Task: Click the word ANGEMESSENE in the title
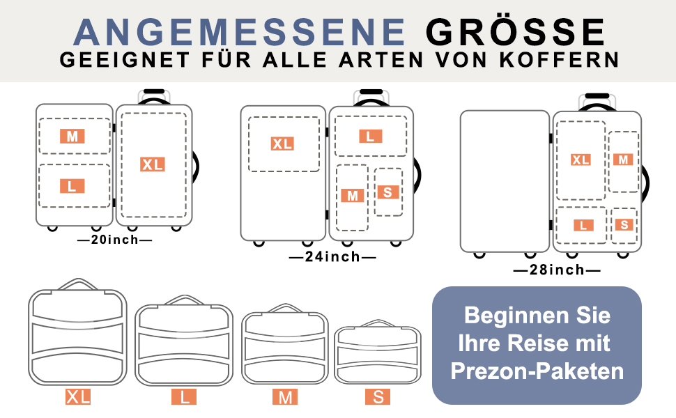point(239,32)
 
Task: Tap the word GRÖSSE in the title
point(516,31)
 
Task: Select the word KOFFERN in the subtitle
point(560,60)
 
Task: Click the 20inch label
point(115,240)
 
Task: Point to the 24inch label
point(332,257)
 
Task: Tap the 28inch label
point(557,270)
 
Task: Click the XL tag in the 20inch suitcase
point(152,164)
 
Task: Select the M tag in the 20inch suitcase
point(72,136)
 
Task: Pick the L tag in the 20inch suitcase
point(72,186)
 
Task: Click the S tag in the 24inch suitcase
point(387,192)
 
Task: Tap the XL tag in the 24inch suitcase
point(282,144)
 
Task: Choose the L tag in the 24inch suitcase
point(370,137)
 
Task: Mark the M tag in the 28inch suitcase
point(623,160)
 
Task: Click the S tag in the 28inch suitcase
point(624,224)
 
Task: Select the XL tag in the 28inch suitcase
point(581,160)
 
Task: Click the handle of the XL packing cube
point(78,284)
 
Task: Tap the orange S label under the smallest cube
point(378,397)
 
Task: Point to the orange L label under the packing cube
point(184,397)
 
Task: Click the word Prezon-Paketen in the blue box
point(537,371)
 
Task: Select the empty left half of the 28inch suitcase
point(505,181)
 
